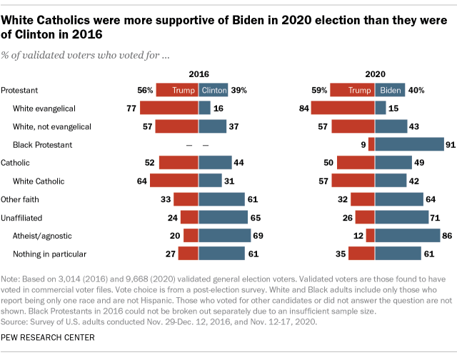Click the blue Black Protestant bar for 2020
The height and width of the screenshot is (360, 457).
[409, 144]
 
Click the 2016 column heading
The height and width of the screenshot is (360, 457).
[199, 74]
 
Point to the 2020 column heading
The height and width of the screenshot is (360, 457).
[375, 74]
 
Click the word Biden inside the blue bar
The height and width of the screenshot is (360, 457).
[390, 90]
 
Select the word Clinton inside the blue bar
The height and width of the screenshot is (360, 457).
[214, 90]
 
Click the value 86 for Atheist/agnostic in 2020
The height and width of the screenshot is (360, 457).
[448, 236]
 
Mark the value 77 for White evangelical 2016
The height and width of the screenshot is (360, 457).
[131, 108]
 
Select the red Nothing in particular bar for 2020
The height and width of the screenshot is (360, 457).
[361, 254]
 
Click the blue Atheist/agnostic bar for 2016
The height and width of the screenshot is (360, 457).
[224, 236]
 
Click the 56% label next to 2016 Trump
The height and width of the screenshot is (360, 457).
[144, 90]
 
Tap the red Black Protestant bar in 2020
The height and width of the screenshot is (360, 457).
[371, 144]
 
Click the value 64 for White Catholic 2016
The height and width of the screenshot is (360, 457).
[141, 181]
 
